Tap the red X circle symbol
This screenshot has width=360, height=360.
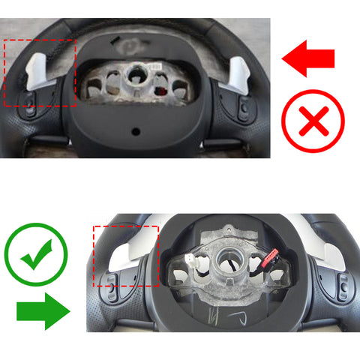312,121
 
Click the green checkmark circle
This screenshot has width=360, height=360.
36,257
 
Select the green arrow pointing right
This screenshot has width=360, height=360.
42,310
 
